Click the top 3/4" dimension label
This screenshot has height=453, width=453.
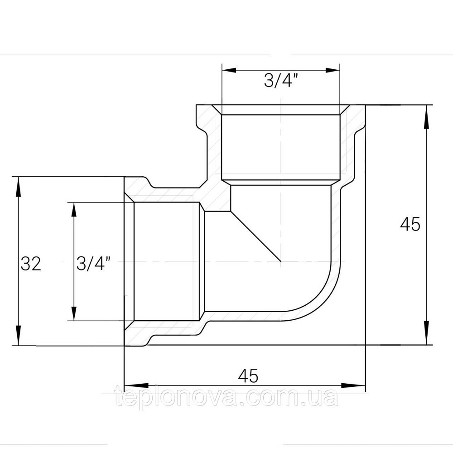pyautogui.click(x=281, y=81)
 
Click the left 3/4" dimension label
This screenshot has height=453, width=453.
pyautogui.click(x=94, y=263)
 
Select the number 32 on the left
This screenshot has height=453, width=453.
pyautogui.click(x=31, y=264)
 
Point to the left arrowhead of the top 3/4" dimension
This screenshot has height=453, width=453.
pyautogui.click(x=229, y=70)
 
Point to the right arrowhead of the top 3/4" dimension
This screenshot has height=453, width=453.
pyautogui.click(x=332, y=70)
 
